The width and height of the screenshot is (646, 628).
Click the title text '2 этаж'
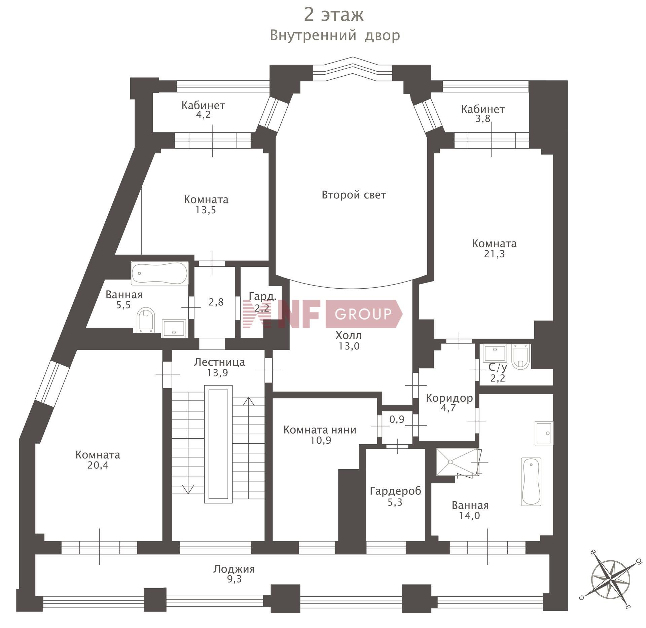[334, 15]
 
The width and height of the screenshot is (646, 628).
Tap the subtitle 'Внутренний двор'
[335, 35]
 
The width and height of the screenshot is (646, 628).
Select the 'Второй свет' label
[354, 195]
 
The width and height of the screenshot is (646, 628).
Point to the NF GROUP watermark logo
[322, 313]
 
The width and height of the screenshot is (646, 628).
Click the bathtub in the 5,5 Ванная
[160, 273]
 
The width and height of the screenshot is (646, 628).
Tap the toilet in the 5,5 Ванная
[146, 319]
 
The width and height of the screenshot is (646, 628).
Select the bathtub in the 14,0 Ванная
[531, 482]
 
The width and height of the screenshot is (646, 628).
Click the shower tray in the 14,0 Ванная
[458, 462]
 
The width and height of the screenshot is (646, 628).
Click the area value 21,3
[494, 254]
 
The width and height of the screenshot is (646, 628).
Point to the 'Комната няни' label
[320, 430]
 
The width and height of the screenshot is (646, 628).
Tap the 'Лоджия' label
[234, 569]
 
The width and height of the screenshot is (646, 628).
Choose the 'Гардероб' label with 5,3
[395, 491]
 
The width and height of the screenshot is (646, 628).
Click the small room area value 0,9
[397, 419]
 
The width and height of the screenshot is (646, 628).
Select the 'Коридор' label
[449, 398]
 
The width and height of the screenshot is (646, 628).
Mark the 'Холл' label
[349, 335]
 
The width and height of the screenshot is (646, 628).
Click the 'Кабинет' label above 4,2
[203, 105]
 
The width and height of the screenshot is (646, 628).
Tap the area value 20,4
[98, 465]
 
